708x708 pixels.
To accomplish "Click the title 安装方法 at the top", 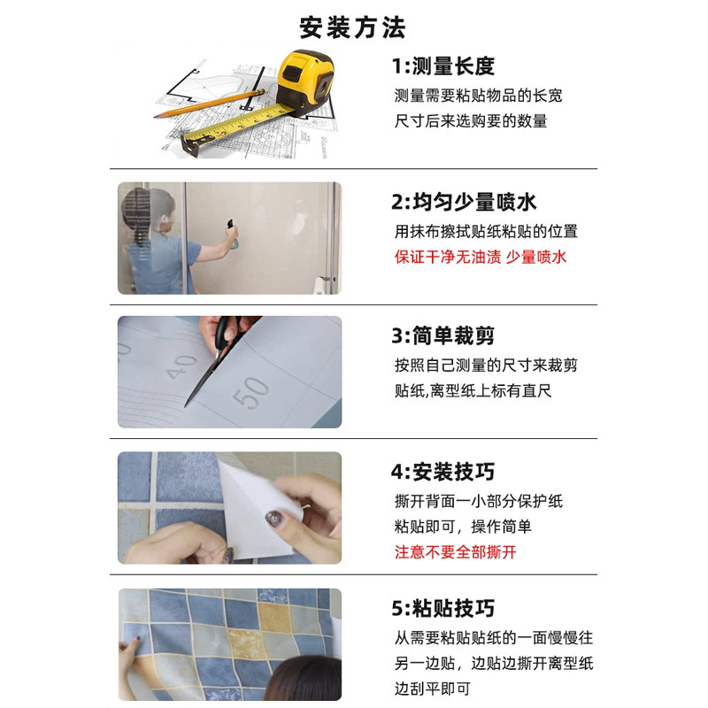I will pyautogui.click(x=352, y=27).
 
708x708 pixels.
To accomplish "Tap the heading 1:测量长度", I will pyautogui.click(x=442, y=66).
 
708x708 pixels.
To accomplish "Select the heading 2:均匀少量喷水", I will pyautogui.click(x=464, y=203).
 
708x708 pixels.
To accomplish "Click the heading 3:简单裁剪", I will pyautogui.click(x=442, y=336).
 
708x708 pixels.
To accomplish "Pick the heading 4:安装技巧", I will pyautogui.click(x=442, y=473).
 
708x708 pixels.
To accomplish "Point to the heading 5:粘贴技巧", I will pyautogui.click(x=442, y=609).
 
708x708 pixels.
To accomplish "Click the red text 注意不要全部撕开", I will pyautogui.click(x=455, y=552).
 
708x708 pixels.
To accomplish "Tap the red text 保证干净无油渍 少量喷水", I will pyautogui.click(x=480, y=258).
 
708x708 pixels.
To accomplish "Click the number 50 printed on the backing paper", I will pyautogui.click(x=252, y=393).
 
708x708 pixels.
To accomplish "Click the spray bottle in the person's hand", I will pyautogui.click(x=231, y=232).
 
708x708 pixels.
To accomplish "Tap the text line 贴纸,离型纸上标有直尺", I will pyautogui.click(x=473, y=390).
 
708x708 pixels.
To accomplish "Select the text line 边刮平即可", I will pyautogui.click(x=432, y=688).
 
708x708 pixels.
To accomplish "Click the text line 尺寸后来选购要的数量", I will pyautogui.click(x=471, y=121).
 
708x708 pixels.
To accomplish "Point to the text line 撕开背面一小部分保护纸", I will pyautogui.click(x=478, y=501).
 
